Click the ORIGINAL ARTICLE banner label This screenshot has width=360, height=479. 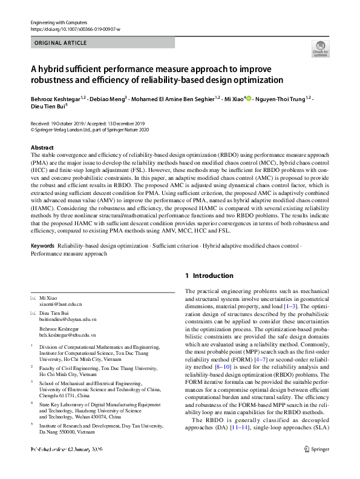click(61, 43)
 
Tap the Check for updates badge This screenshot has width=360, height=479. click(320, 48)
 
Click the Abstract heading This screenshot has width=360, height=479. click(42, 148)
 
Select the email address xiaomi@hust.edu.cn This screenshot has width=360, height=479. click(60, 305)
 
